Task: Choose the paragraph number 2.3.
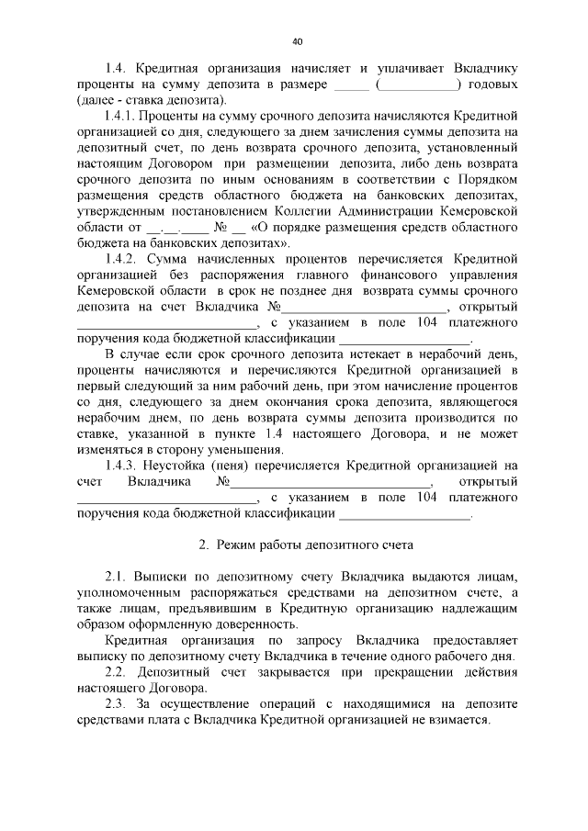point(117,704)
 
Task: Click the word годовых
point(493,84)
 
